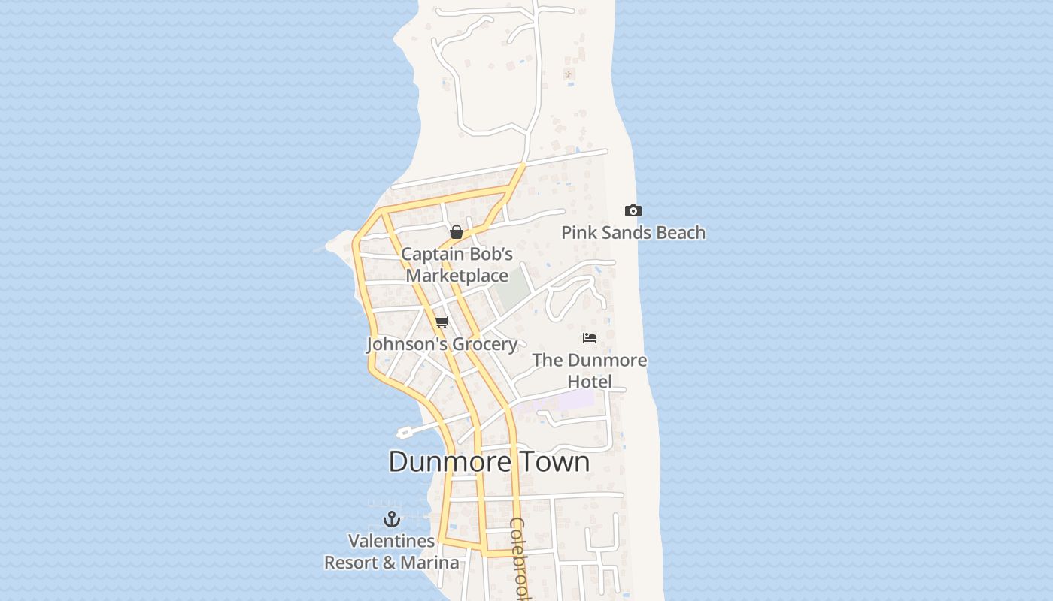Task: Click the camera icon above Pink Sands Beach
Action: pos(633,211)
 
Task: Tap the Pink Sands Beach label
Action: pos(633,233)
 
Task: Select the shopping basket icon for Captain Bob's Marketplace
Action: pos(456,232)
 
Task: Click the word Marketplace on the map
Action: pos(457,276)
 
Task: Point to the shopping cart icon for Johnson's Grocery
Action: pos(442,322)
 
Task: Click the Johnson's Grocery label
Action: pos(442,344)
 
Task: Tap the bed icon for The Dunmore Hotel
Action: pos(590,338)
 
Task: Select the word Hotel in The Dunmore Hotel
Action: pos(590,382)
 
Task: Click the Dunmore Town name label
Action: pos(489,461)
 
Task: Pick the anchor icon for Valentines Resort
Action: pos(391,518)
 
